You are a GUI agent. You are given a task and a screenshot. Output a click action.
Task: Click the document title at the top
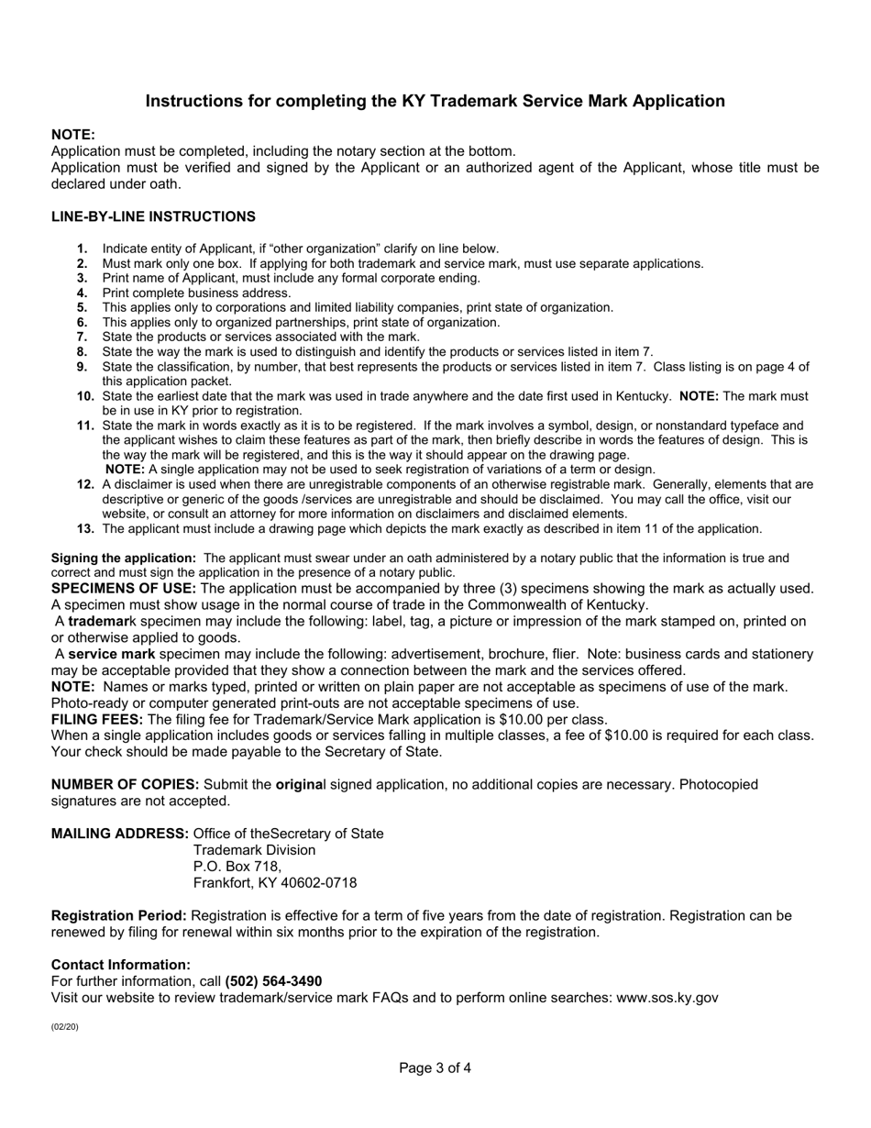tap(435, 101)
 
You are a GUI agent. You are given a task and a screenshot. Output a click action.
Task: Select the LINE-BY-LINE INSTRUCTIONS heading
tap(153, 216)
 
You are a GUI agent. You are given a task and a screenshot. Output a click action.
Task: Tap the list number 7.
tap(83, 337)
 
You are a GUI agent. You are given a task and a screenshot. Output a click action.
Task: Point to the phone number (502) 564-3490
tap(273, 981)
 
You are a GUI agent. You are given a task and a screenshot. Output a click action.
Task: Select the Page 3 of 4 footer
tap(435, 1067)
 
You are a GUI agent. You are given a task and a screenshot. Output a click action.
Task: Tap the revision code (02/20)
tap(65, 1026)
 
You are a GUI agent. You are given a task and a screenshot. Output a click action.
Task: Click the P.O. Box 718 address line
tap(237, 867)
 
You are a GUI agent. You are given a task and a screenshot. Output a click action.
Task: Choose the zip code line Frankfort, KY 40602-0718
tap(275, 883)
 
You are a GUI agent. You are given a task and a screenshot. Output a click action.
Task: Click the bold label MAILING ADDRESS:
tap(120, 834)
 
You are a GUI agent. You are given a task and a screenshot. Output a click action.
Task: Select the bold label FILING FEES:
tap(97, 719)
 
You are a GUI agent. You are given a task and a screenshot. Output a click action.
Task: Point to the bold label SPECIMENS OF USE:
tap(124, 588)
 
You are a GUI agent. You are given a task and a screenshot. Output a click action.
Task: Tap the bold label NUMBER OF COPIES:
tap(126, 784)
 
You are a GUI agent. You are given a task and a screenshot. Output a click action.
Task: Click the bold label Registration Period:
tap(119, 915)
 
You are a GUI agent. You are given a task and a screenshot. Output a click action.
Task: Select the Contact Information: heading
tap(121, 965)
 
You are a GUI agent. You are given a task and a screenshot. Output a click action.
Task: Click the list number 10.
tap(86, 396)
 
